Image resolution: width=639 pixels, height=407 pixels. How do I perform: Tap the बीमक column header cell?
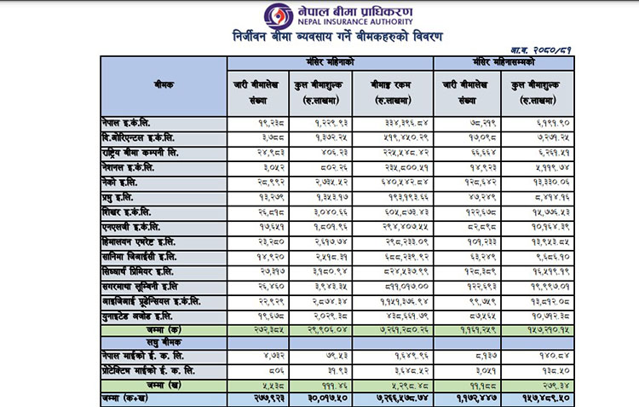tap(159, 86)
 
